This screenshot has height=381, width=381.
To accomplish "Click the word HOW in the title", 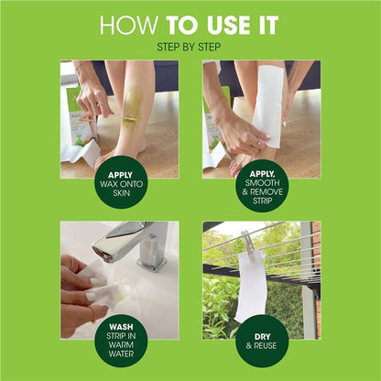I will click(x=124, y=25).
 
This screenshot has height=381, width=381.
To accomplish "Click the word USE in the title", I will click(x=220, y=25).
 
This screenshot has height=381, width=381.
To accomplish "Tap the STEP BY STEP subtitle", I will click(x=190, y=46).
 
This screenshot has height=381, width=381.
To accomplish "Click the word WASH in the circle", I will click(x=120, y=324).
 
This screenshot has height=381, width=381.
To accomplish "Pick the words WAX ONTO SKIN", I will click(x=121, y=187).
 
